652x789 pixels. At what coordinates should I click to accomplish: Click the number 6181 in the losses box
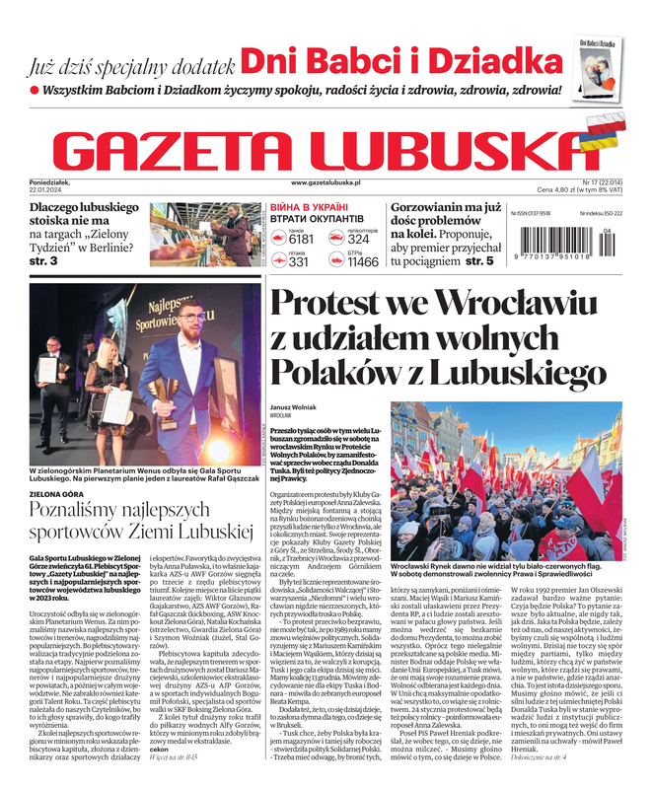point(301,239)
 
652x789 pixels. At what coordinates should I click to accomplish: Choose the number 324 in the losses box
point(359,239)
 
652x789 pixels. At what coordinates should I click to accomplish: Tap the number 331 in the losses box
point(299,262)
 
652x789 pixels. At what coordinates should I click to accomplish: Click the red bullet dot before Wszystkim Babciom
point(34,90)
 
